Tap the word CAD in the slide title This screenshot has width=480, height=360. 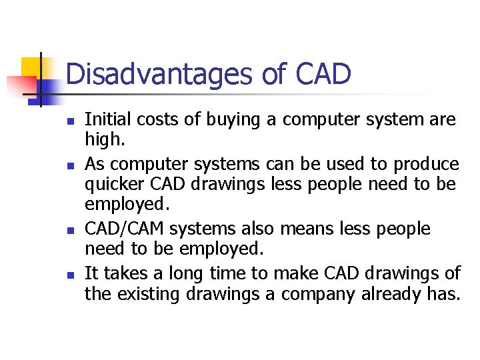(x=321, y=74)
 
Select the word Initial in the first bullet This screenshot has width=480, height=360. (x=106, y=120)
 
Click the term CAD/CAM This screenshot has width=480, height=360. (x=125, y=229)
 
